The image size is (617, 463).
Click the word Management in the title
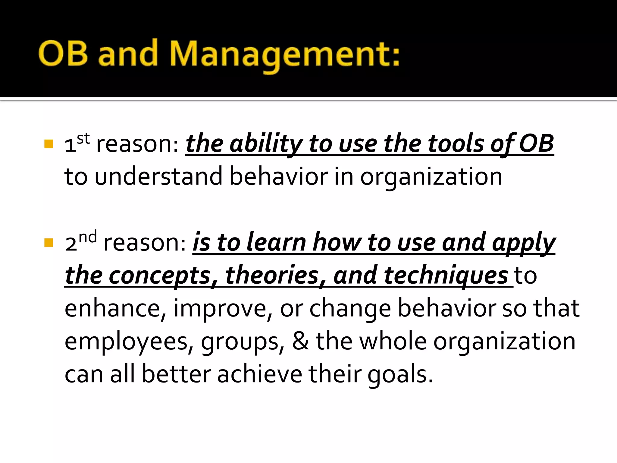tap(285, 54)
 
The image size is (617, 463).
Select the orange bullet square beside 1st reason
tap(49, 144)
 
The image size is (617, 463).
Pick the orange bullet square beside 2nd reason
tap(49, 243)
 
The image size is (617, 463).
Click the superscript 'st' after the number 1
tap(83, 139)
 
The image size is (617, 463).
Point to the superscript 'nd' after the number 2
tap(88, 237)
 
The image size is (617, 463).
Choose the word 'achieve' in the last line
tap(259, 374)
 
